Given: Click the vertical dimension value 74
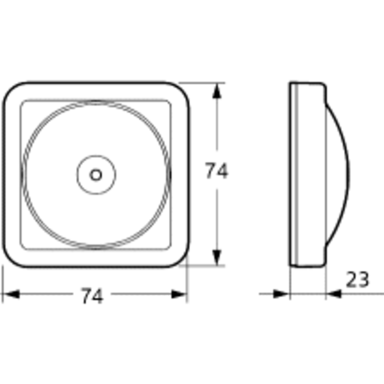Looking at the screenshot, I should coord(216,171).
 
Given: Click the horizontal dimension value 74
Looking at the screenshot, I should coord(92,296).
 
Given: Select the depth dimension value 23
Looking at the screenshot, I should coord(357,280).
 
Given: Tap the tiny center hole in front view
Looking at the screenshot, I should coord(96,174).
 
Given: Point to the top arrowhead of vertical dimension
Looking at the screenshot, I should coord(217,90).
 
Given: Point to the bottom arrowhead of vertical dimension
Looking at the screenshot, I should coord(217,258).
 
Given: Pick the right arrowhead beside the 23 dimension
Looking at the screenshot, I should coord(334,295).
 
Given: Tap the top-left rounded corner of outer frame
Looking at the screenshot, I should coord(11,91).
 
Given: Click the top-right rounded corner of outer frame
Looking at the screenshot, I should coord(180,91).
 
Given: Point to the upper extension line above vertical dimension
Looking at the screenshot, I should coord(204,83).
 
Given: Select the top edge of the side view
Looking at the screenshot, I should coord(308,83).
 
